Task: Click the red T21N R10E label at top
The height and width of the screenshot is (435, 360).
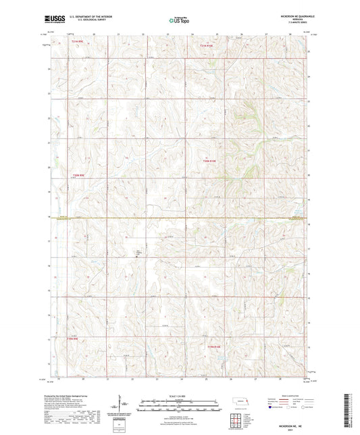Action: (207, 46)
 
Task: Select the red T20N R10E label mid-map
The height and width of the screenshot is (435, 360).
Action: (212, 161)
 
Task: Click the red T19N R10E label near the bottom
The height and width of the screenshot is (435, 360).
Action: (213, 347)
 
